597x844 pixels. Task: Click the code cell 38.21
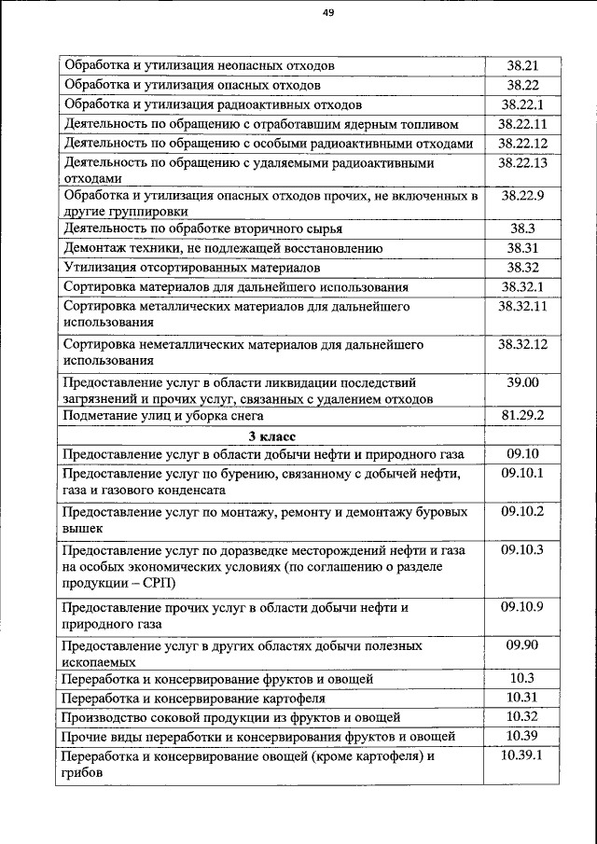tap(521, 65)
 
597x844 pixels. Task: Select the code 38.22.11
tap(521, 124)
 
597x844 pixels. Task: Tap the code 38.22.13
tap(521, 163)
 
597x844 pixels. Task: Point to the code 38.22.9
tap(521, 196)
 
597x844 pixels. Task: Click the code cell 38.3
tap(521, 228)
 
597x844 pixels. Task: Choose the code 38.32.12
tap(521, 344)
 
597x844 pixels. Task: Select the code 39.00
tap(521, 382)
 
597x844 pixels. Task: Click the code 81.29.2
tap(521, 416)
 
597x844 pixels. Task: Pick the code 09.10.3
tap(521, 550)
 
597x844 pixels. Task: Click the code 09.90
tap(521, 645)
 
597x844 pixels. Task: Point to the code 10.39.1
tap(521, 755)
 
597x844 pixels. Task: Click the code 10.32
tap(521, 716)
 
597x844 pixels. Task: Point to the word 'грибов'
tap(83, 773)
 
